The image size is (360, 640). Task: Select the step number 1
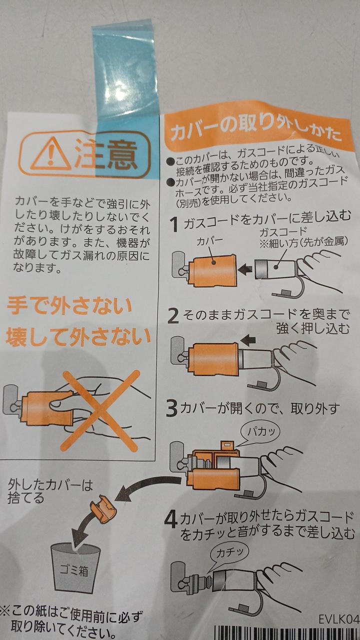174,224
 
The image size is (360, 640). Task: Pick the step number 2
173,316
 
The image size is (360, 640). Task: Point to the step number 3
172,409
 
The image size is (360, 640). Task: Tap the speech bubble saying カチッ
228,554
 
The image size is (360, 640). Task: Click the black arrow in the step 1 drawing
245,269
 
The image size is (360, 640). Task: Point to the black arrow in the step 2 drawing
247,340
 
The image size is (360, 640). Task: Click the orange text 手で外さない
69,306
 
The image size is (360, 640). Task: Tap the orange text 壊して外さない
77,337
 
